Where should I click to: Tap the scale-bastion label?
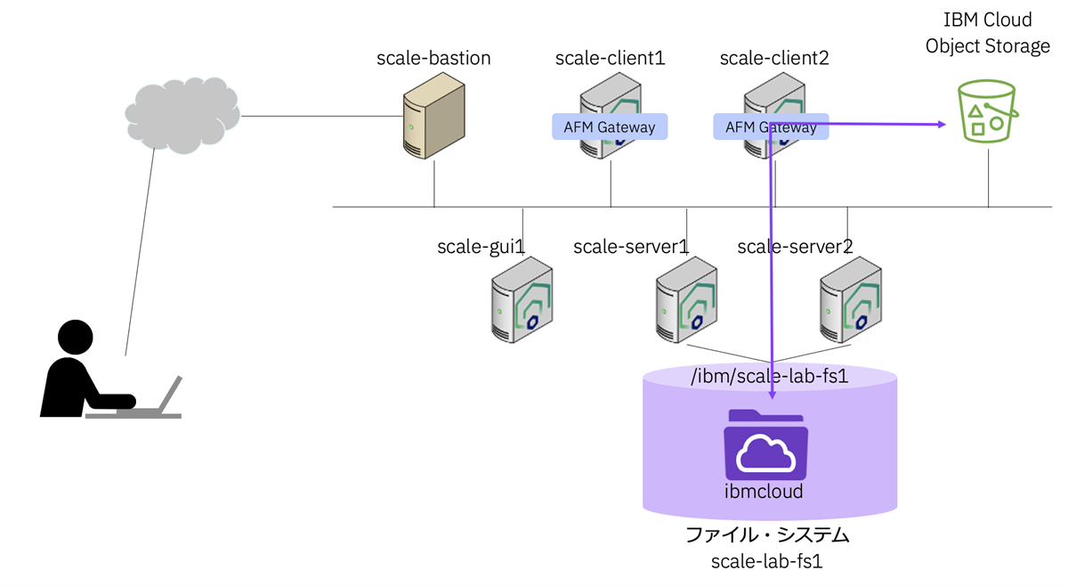pyautogui.click(x=433, y=59)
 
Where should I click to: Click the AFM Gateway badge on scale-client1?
pyautogui.click(x=610, y=126)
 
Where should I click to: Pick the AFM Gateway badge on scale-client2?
pyautogui.click(x=771, y=126)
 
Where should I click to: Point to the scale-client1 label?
pyautogui.click(x=610, y=59)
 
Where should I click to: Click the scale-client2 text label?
pyautogui.click(x=773, y=59)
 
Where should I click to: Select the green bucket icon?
pyautogui.click(x=986, y=111)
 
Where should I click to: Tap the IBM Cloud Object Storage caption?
pyautogui.click(x=988, y=33)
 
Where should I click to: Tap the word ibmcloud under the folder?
pyautogui.click(x=765, y=491)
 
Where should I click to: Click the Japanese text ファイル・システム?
pyautogui.click(x=767, y=536)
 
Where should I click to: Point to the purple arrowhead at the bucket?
pyautogui.click(x=941, y=125)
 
